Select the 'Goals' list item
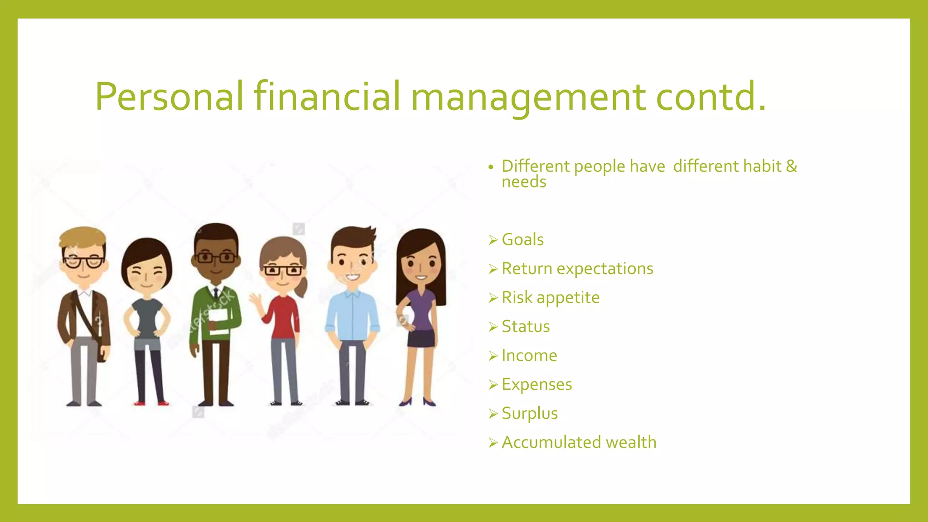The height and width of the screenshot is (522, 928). tap(522, 240)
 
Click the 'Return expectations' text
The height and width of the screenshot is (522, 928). tap(577, 269)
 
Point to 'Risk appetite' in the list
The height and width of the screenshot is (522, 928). tap(551, 298)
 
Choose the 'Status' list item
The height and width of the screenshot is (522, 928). tap(526, 327)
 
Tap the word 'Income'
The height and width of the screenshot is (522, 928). tap(529, 356)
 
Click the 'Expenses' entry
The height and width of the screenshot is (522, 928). tap(536, 385)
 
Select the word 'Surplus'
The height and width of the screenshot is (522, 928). tap(530, 414)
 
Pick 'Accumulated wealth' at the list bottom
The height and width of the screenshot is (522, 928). tap(579, 442)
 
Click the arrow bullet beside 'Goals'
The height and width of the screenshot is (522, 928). tap(493, 240)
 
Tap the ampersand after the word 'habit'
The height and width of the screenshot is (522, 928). tap(791, 166)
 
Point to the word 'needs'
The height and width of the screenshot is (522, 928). tap(524, 182)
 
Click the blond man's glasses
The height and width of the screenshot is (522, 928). tap(83, 262)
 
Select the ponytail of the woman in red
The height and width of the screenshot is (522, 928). tap(302, 286)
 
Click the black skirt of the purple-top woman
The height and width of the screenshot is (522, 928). tap(421, 338)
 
